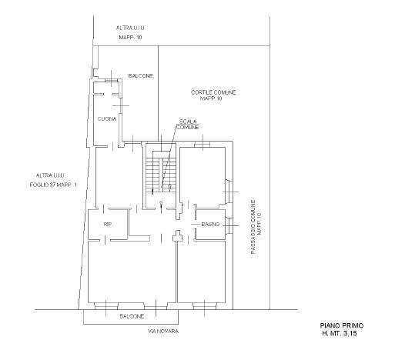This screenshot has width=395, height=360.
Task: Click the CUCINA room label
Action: [107, 119]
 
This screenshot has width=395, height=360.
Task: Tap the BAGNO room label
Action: [210, 225]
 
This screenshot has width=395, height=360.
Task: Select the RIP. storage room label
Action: [109, 225]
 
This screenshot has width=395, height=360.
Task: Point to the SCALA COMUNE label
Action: [188, 125]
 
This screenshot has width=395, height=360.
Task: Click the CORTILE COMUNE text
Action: [213, 92]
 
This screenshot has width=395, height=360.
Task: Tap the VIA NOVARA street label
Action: [163, 332]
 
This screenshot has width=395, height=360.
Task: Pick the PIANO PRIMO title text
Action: [342, 325]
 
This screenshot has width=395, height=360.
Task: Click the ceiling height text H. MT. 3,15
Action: [340, 334]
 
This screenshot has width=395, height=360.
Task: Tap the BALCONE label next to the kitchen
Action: [141, 76]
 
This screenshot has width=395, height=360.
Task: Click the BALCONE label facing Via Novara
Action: [132, 316]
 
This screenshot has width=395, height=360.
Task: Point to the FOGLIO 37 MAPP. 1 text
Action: [53, 185]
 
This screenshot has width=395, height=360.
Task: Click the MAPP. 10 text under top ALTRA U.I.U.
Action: [130, 38]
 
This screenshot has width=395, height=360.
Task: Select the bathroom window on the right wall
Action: [229, 225]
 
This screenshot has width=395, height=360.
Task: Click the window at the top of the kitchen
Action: [112, 81]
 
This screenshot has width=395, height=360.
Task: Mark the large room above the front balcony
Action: [132, 272]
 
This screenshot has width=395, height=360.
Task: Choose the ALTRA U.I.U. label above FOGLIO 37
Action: [51, 175]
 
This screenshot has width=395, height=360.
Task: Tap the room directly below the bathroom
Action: [202, 272]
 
